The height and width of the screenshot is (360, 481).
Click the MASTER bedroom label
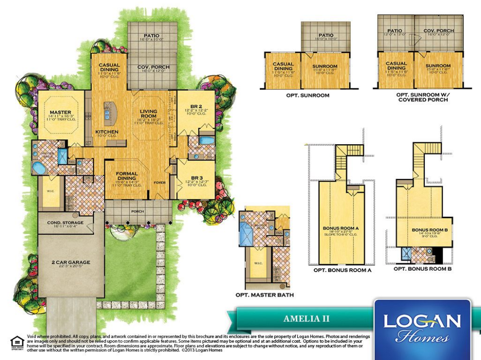60,112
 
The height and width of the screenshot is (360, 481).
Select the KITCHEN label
107,132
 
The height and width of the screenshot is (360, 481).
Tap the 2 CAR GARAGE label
71,262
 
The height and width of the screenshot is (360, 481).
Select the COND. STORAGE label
65,223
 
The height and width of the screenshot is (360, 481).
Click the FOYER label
159,183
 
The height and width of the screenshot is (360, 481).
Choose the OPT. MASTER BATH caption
265,295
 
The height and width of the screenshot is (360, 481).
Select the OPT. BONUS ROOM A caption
342,270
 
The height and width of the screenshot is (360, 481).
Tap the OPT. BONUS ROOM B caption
422,269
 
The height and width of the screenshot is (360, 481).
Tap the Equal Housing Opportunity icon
17,342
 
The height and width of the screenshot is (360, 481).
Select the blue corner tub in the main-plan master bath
38,168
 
